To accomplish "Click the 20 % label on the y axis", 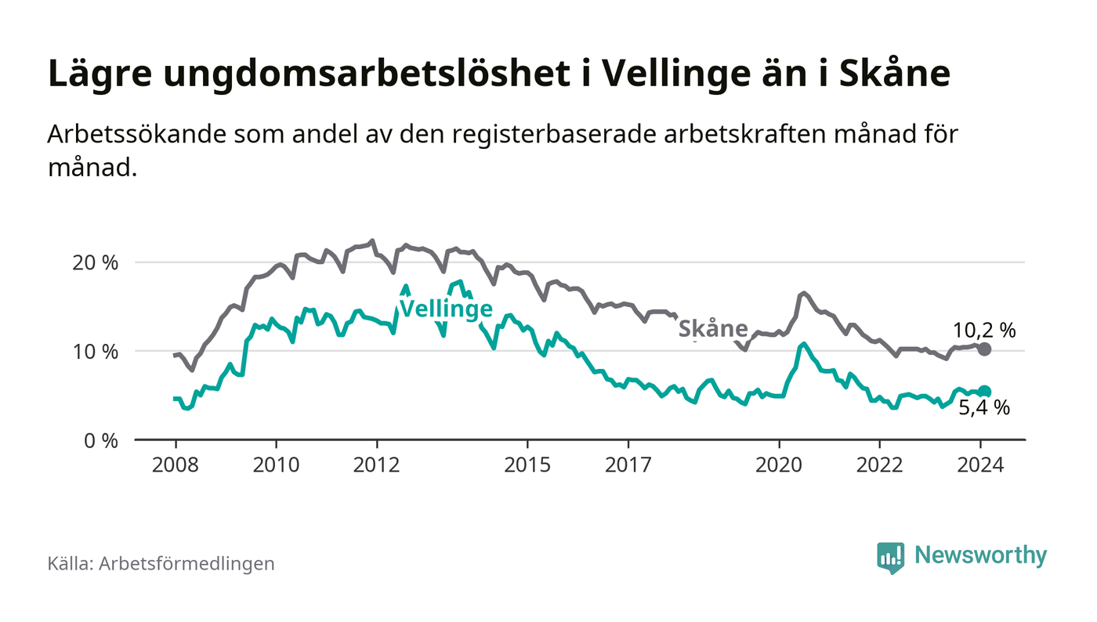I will tap(95, 262).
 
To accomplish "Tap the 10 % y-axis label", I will tap(95, 351).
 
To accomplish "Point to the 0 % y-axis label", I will tap(100, 440).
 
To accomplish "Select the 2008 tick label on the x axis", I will tap(175, 465).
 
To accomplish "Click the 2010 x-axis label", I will tap(276, 465).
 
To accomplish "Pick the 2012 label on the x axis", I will tap(377, 465).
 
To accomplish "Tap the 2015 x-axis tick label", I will tap(528, 465).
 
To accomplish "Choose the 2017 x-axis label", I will tap(628, 465).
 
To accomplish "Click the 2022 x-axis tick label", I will tap(880, 465).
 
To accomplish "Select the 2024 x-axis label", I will tap(981, 465).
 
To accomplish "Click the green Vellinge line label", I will tap(446, 309).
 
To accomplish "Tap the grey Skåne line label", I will tap(712, 329).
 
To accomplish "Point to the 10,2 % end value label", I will tap(984, 331).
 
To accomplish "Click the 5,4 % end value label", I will tap(984, 408).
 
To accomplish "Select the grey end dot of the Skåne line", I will tap(985, 349).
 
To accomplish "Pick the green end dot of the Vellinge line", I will tap(985, 392).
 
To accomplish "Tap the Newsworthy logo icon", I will tap(890, 557).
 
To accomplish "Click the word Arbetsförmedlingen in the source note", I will tap(186, 563).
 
